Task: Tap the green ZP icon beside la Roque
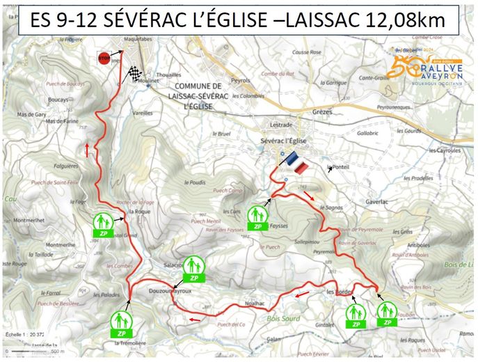click(x=102, y=223)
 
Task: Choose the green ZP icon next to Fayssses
click(x=257, y=217)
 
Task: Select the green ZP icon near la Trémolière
click(x=120, y=322)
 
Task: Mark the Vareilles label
click(x=161, y=112)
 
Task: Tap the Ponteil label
click(x=341, y=167)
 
